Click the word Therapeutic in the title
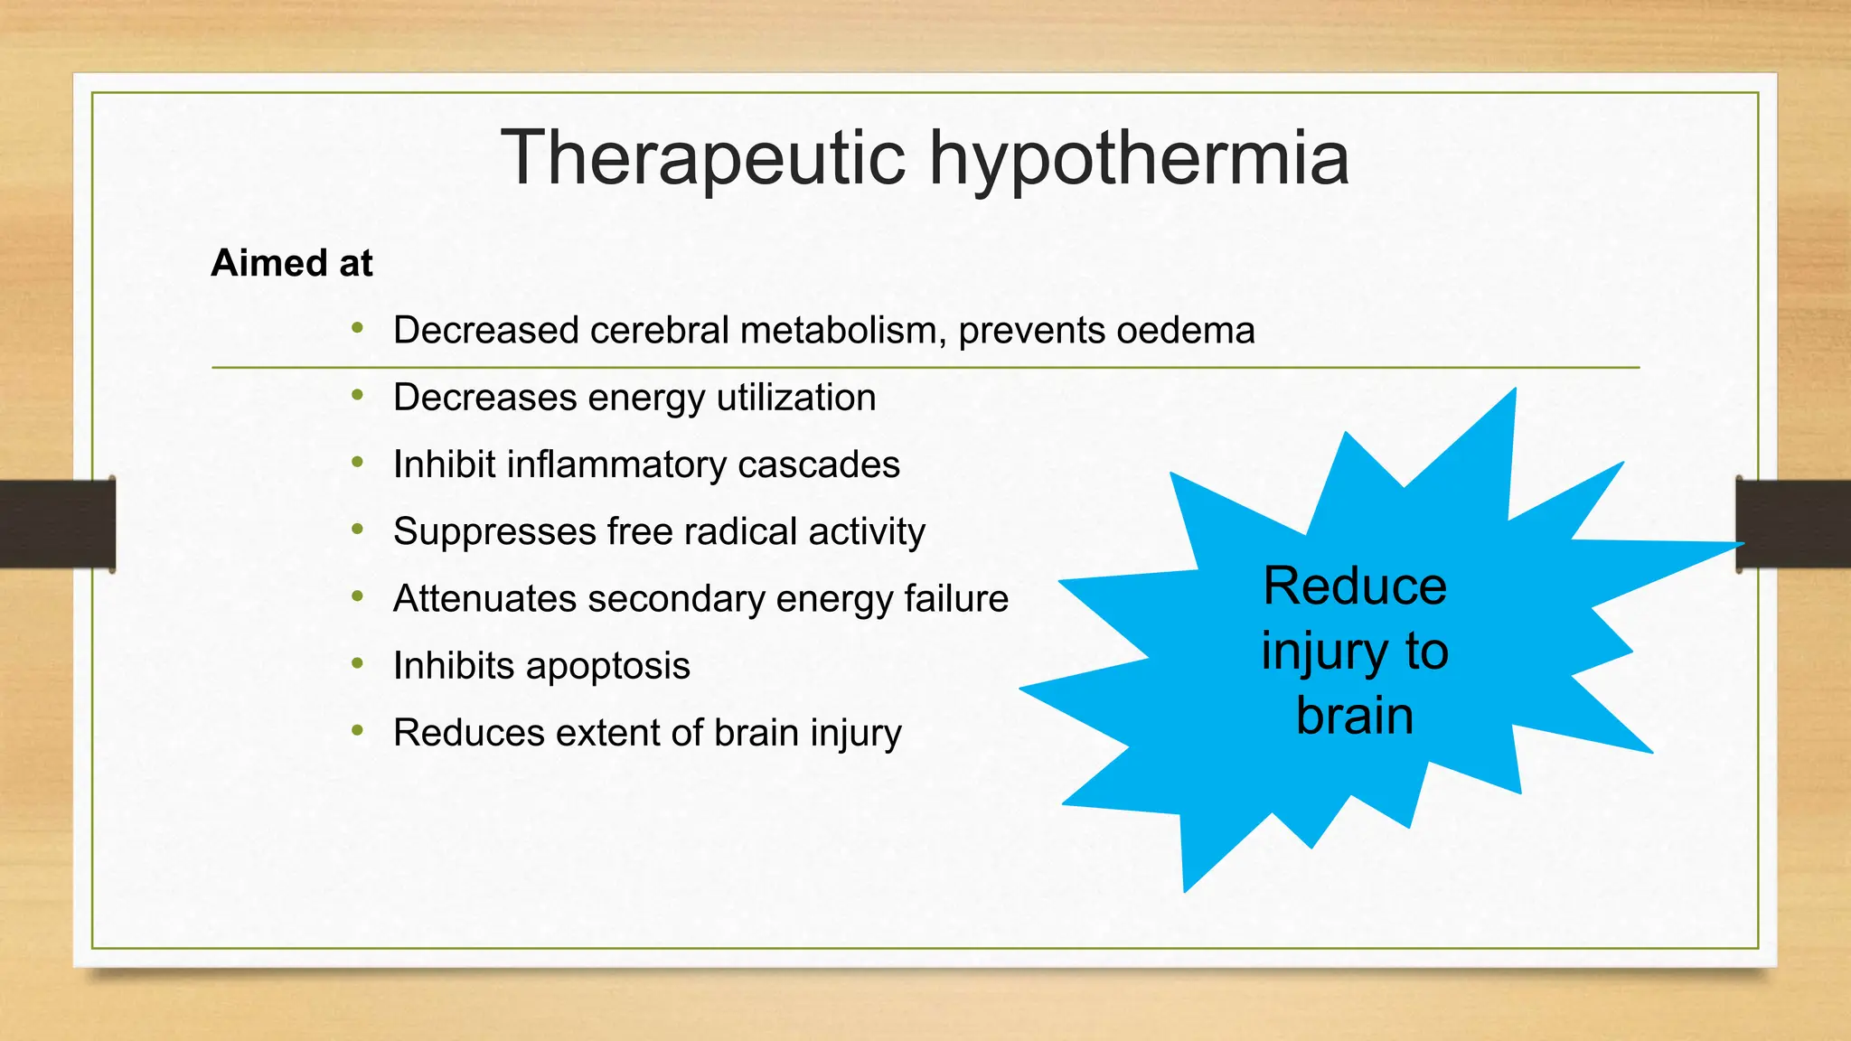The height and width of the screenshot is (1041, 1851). (x=703, y=159)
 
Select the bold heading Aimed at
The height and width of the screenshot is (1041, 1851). (x=291, y=263)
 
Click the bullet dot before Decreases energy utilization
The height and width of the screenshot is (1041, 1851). (x=358, y=395)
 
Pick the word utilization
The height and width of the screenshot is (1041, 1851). (x=795, y=398)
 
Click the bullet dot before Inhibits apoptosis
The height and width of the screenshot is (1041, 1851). (x=358, y=663)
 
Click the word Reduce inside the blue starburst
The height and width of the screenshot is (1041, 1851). (x=1354, y=586)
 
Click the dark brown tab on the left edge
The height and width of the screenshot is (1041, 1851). (x=57, y=524)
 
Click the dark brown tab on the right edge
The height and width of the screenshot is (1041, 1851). (x=1793, y=524)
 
